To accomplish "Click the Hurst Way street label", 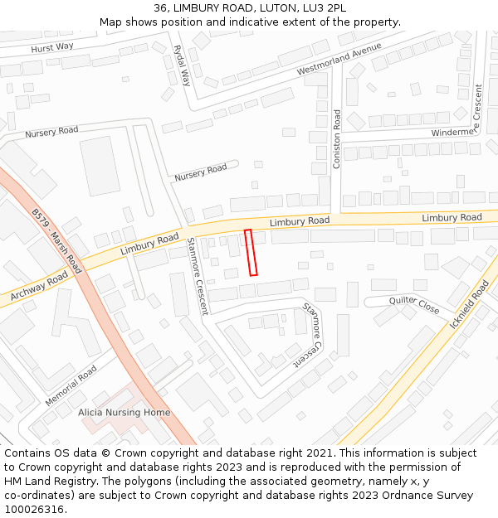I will coord(52,48).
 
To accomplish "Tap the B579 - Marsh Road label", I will coord(56,241).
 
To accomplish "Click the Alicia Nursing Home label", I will coord(124,412).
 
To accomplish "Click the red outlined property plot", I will coord(251,253).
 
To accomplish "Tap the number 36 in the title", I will coord(160,8).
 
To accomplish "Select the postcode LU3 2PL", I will coord(327,8).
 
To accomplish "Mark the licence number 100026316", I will coord(34,510).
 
